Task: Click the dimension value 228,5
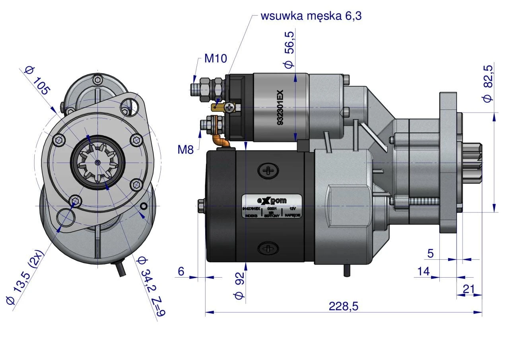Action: point(344,306)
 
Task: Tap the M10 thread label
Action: point(216,59)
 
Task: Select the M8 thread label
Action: point(185,150)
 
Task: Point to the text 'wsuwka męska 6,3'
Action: point(311,16)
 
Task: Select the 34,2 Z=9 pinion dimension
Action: point(150,286)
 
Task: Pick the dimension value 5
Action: point(431,253)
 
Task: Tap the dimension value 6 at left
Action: point(181,271)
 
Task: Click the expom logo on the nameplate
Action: point(271,200)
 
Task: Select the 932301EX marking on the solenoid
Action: point(280,108)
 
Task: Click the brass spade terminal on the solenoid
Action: point(217,107)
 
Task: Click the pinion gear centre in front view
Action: point(98,162)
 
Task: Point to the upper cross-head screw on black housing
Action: point(269,171)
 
